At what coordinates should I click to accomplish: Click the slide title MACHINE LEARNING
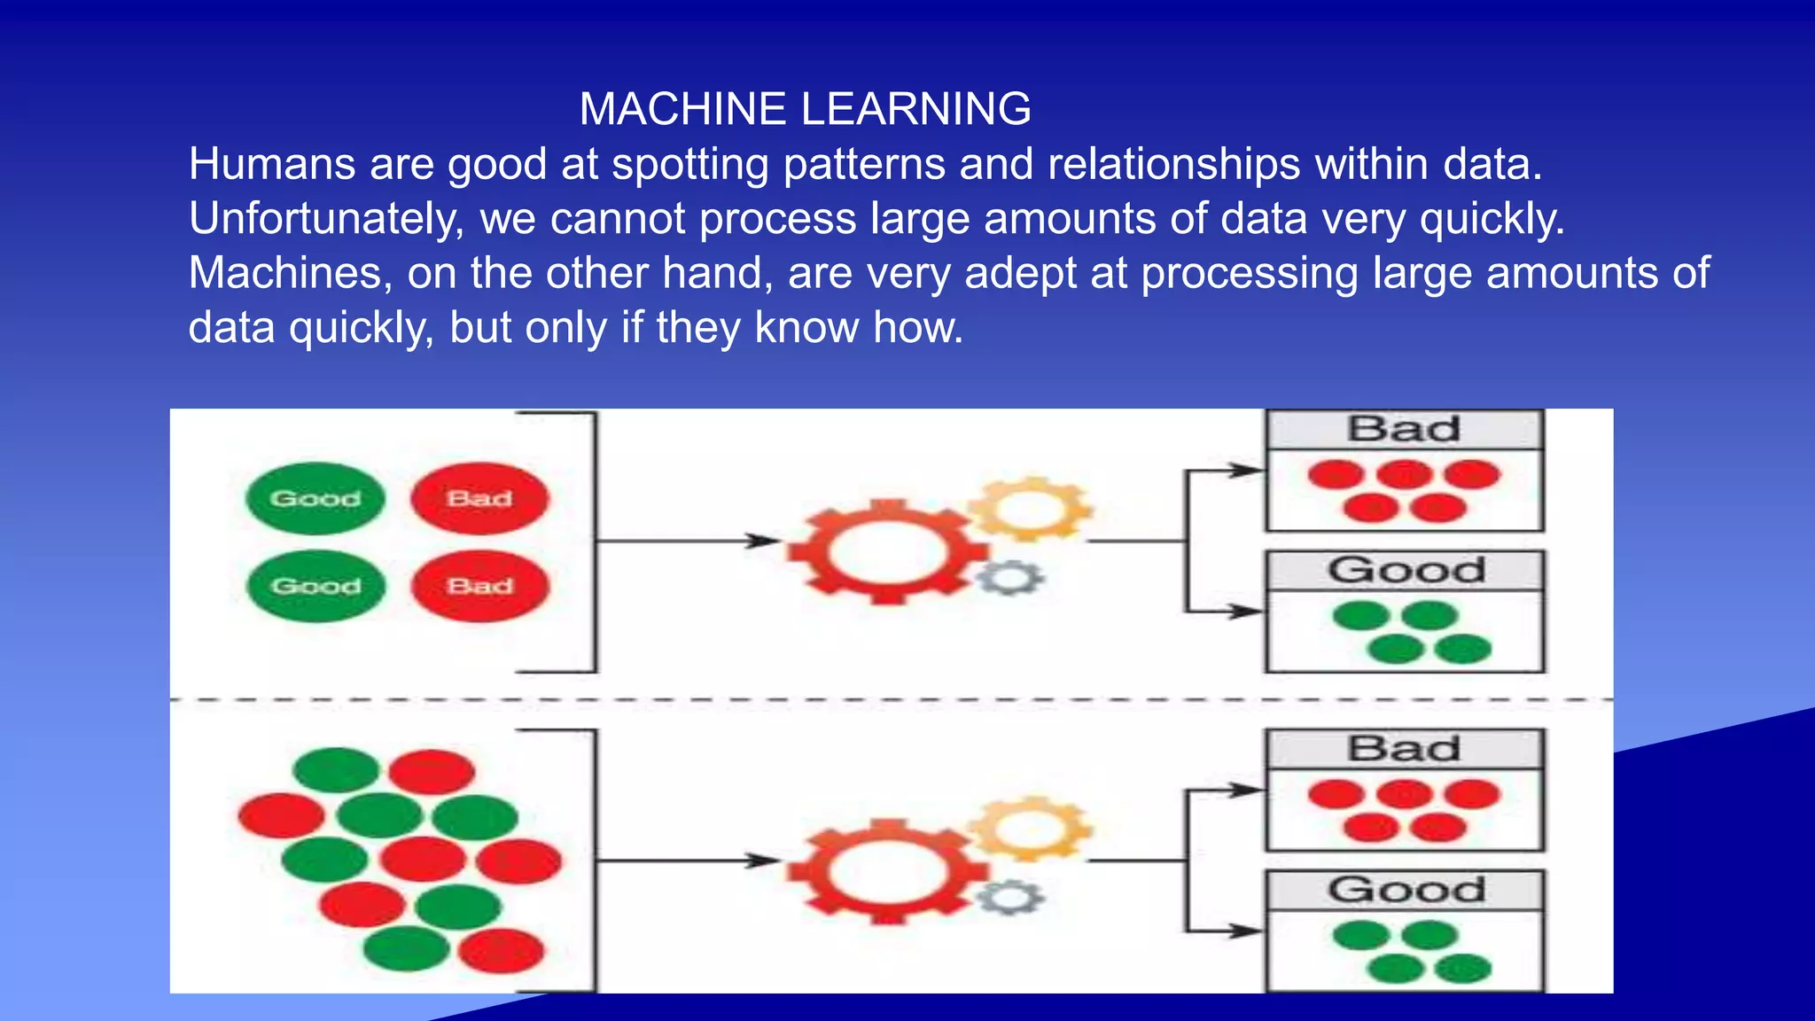tap(805, 109)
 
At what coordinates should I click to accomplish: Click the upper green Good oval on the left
tap(315, 498)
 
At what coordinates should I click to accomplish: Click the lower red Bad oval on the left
tap(479, 586)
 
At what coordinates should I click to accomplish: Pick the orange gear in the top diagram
tap(1030, 509)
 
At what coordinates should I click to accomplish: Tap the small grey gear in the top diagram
tap(1011, 579)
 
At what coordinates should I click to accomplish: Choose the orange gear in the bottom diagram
tap(1030, 829)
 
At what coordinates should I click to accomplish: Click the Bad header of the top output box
tap(1405, 430)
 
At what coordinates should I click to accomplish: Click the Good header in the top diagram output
tap(1405, 570)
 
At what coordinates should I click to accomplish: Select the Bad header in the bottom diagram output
tap(1405, 749)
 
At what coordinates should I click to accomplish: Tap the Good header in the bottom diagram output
tap(1405, 890)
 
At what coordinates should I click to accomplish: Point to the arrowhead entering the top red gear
tap(763, 541)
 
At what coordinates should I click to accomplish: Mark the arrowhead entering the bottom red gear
tap(763, 860)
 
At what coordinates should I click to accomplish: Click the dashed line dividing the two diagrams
tap(886, 700)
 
